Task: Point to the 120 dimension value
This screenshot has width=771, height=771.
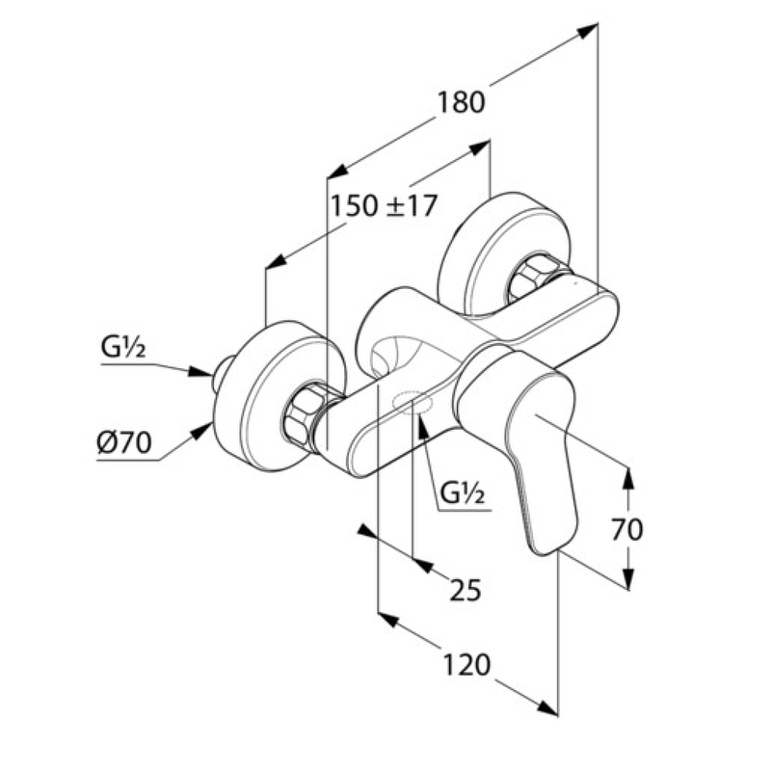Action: [x=466, y=664]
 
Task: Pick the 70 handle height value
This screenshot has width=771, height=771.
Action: [x=626, y=528]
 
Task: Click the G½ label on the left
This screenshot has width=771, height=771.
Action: [x=122, y=347]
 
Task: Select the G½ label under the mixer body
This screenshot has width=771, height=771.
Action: [x=462, y=495]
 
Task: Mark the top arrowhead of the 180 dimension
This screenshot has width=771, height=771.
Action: [x=587, y=31]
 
